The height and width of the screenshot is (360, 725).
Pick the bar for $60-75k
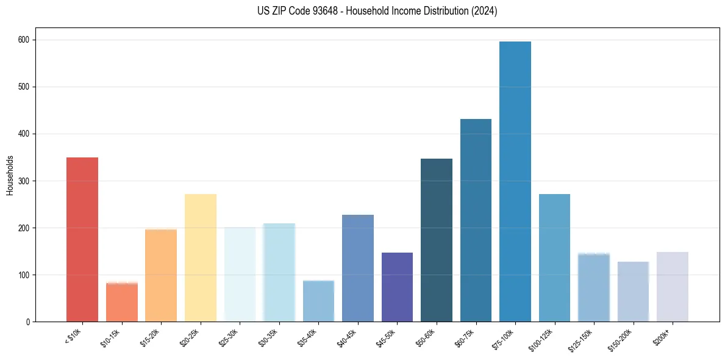tap(476, 220)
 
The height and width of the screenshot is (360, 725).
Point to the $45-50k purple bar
tap(397, 287)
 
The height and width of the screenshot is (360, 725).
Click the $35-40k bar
tap(318, 301)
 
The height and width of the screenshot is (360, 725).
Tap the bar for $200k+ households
tap(673, 287)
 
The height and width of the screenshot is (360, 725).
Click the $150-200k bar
tap(633, 292)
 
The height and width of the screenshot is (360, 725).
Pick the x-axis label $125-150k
tap(583, 338)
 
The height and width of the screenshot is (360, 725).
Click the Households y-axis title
tap(10, 175)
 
